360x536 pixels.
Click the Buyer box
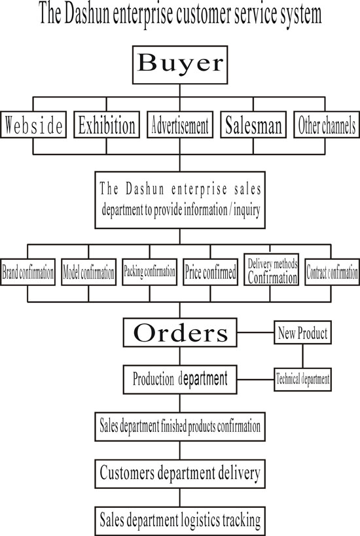click(180, 65)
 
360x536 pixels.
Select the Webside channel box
click(33, 125)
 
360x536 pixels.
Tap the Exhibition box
click(107, 125)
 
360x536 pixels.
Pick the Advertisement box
click(180, 125)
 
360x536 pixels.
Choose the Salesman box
click(253, 125)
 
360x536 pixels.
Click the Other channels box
click(327, 125)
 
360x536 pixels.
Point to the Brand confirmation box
click(27, 272)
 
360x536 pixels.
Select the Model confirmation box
click(88, 272)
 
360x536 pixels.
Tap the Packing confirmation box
click(149, 272)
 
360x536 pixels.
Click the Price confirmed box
click(210, 272)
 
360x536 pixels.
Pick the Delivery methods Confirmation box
click(272, 270)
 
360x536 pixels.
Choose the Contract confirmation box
click(332, 272)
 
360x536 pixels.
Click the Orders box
click(180, 332)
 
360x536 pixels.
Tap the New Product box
click(302, 332)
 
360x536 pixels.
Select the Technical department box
click(302, 379)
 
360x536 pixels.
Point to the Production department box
click(180, 380)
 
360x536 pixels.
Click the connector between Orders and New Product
click(255, 332)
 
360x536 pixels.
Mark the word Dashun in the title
click(87, 14)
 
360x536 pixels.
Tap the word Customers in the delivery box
click(127, 473)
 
